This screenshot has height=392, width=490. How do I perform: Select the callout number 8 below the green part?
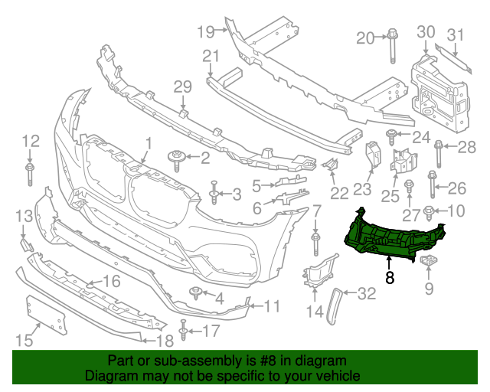[390, 278]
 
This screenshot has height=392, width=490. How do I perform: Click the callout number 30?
[426, 31]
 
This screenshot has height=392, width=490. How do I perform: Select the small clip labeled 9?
[428, 263]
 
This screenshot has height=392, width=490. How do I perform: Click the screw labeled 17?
[184, 331]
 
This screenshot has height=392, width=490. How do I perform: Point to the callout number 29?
[181, 87]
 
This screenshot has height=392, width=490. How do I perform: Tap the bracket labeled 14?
[315, 274]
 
